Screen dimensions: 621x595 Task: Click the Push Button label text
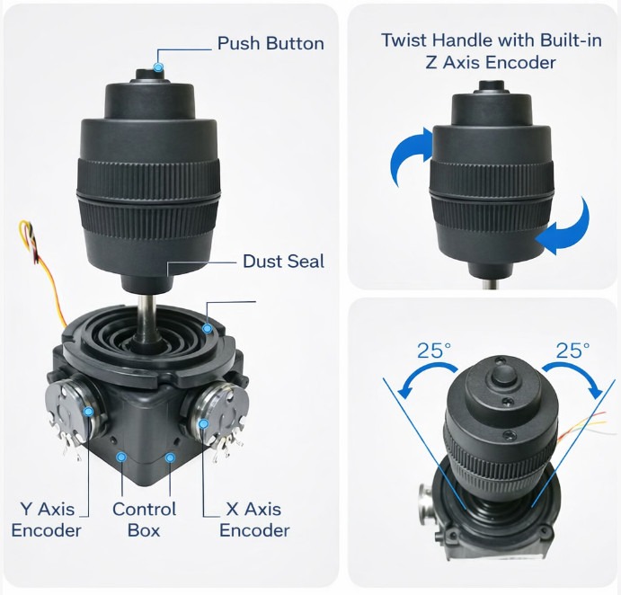(271, 43)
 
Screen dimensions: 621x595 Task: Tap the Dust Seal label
(283, 262)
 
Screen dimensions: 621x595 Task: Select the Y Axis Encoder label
(47, 520)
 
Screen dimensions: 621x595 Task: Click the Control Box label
(144, 520)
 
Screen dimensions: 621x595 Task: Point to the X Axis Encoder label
(254, 520)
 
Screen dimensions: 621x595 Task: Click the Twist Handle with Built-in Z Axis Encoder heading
(491, 51)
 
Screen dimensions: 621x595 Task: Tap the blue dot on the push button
(158, 67)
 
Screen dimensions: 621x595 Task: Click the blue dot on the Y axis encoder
(88, 412)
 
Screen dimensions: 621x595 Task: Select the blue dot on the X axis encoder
(203, 424)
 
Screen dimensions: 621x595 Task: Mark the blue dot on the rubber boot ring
(207, 328)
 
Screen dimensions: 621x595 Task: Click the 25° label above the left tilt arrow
(434, 351)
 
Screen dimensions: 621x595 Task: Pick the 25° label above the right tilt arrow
(572, 351)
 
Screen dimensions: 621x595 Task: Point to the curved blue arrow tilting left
(424, 371)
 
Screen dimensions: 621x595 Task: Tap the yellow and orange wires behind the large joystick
(43, 270)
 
